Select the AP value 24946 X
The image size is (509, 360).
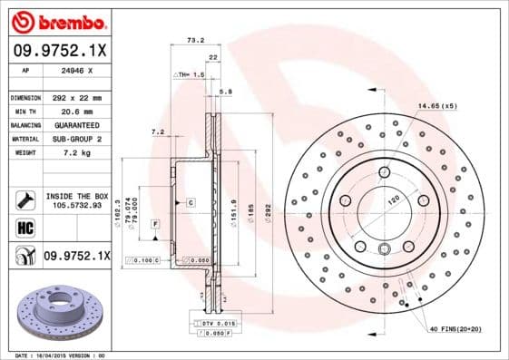point(76,69)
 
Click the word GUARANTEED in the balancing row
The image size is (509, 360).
point(76,124)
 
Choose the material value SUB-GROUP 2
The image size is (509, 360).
point(76,139)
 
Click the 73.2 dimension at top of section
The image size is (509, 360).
point(193,40)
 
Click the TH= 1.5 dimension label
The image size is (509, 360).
point(191,75)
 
